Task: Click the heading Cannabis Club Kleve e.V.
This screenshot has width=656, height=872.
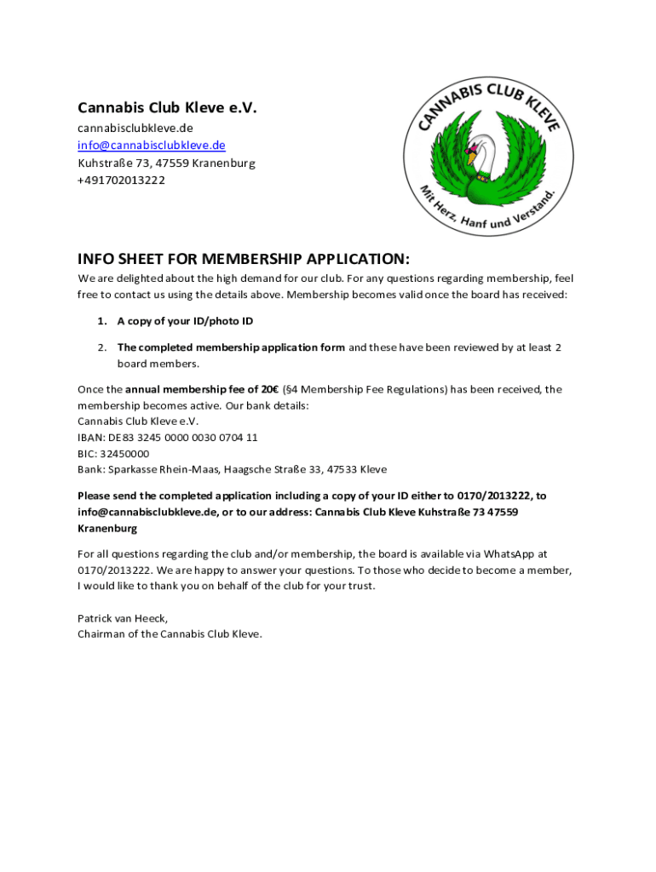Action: click(167, 108)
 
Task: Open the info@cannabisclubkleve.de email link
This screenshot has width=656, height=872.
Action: click(152, 145)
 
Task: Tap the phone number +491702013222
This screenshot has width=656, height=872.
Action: click(122, 181)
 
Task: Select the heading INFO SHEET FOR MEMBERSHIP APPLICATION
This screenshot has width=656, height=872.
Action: click(244, 259)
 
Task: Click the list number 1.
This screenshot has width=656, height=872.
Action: click(101, 321)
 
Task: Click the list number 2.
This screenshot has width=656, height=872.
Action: click(101, 347)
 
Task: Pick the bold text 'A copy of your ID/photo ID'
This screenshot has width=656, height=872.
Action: click(185, 321)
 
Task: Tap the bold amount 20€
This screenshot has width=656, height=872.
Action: click(267, 389)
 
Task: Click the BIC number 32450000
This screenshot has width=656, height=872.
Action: click(125, 454)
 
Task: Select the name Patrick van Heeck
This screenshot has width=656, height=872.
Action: click(123, 618)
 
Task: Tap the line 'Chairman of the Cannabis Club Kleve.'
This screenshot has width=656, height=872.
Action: click(170, 634)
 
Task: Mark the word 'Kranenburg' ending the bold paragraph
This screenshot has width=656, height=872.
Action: click(108, 529)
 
